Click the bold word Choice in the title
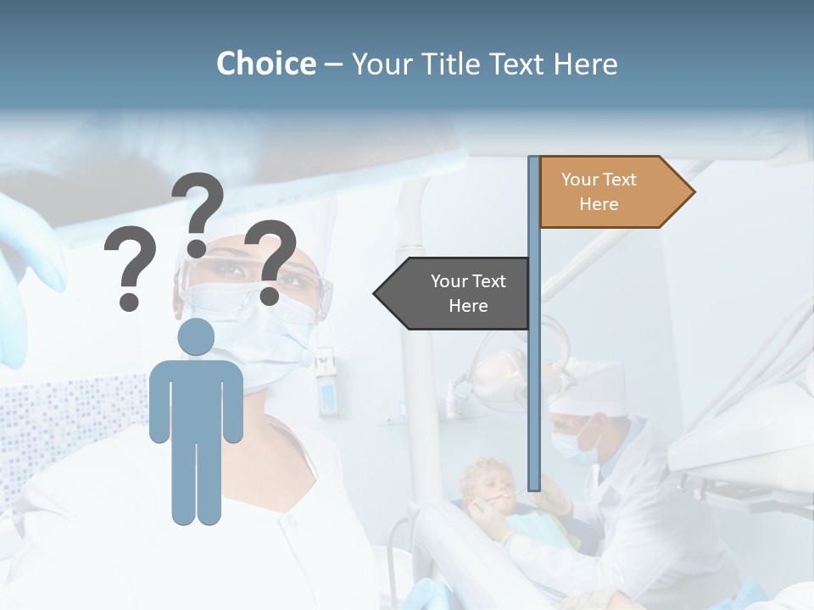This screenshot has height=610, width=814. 265,64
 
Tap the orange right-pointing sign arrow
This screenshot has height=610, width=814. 610,191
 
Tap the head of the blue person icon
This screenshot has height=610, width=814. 196,337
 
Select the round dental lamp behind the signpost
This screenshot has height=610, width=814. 500,373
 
